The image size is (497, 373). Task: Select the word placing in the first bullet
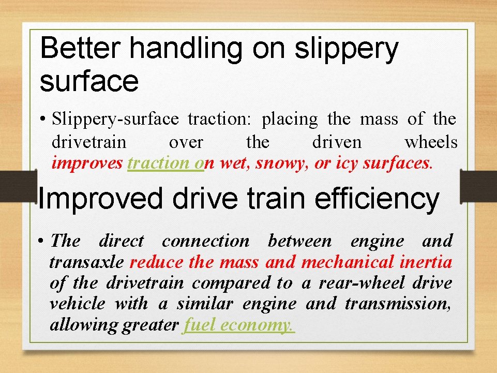pos(290,120)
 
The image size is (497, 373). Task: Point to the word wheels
pos(431,142)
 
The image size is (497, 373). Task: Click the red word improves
pos(87,163)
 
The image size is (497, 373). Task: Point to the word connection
pos(205,241)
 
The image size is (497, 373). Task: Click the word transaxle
pos(86,262)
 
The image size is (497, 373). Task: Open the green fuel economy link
pos(238,325)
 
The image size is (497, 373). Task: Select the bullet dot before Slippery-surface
pos(44,120)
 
